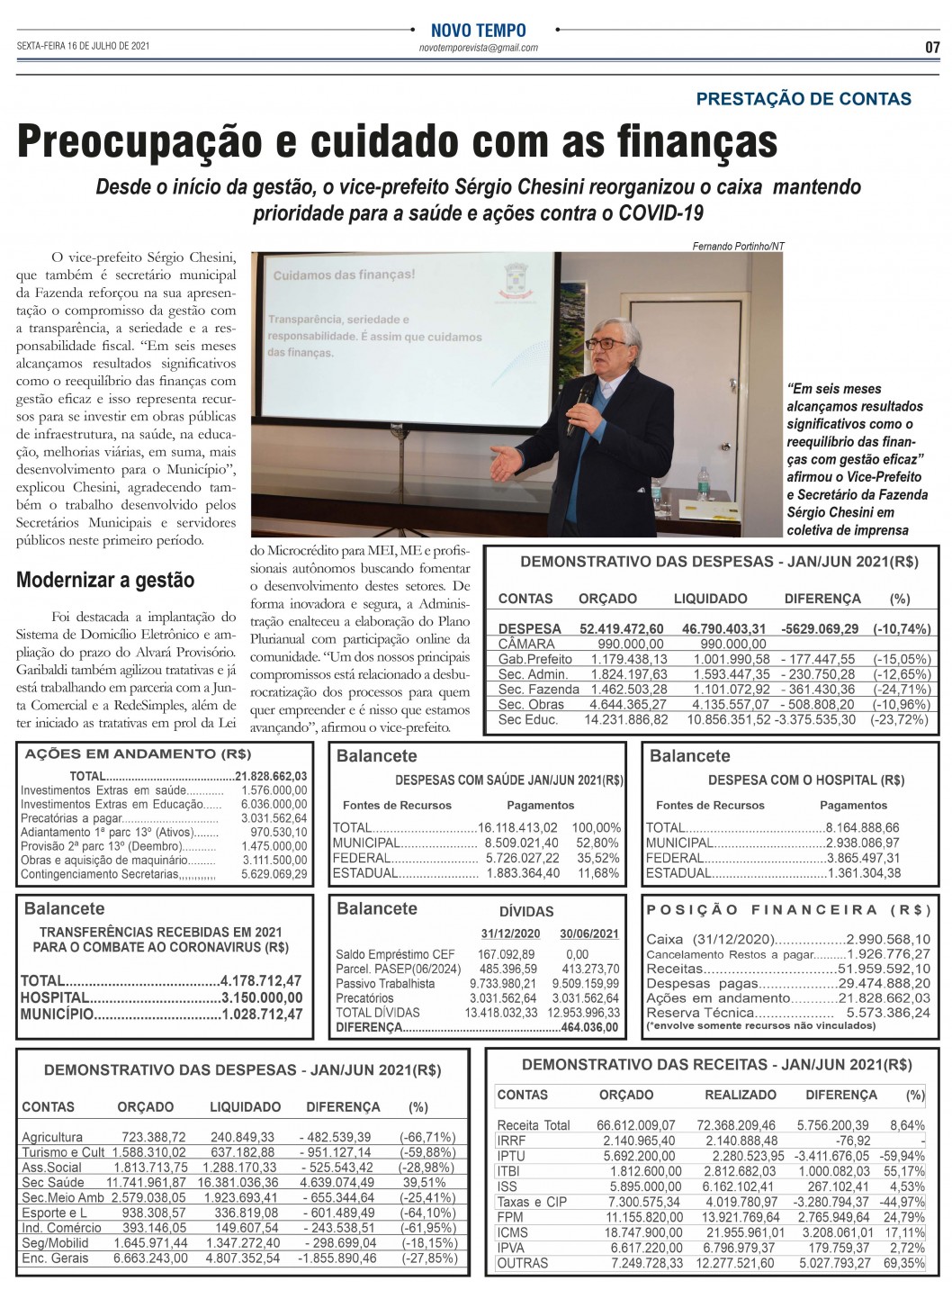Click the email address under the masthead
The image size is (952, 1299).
pyautogui.click(x=479, y=48)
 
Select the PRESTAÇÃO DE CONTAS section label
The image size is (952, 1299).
pyautogui.click(x=804, y=99)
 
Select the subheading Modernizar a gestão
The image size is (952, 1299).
pyautogui.click(x=105, y=579)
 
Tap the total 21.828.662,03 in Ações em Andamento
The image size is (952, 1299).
pyautogui.click(x=271, y=776)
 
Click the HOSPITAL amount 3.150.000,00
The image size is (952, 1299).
pyautogui.click(x=262, y=997)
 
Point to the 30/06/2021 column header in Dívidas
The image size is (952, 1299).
pyautogui.click(x=588, y=933)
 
